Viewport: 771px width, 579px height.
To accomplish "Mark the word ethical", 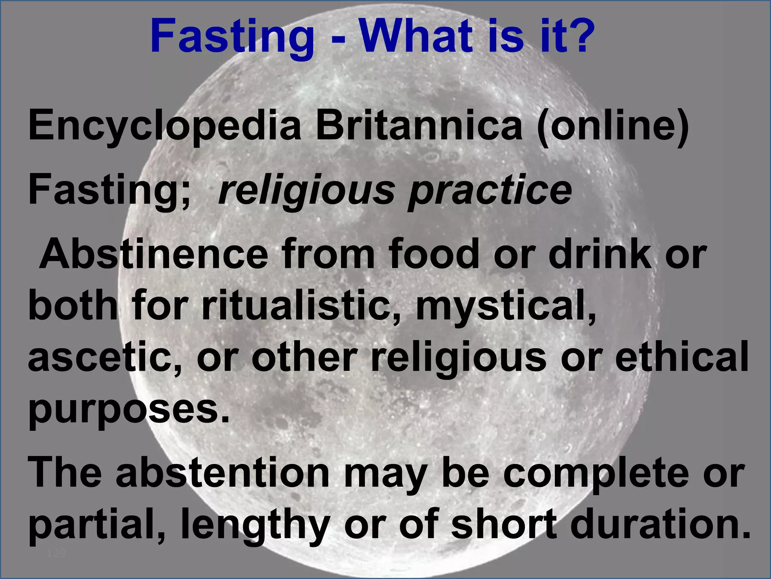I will click(682, 356).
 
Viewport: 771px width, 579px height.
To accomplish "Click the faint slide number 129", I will click(56, 553).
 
